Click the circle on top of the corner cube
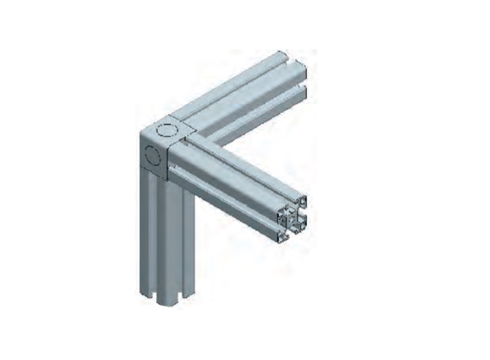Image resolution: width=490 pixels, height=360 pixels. (x=171, y=130)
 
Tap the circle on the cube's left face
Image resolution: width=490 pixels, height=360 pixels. (x=153, y=154)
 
